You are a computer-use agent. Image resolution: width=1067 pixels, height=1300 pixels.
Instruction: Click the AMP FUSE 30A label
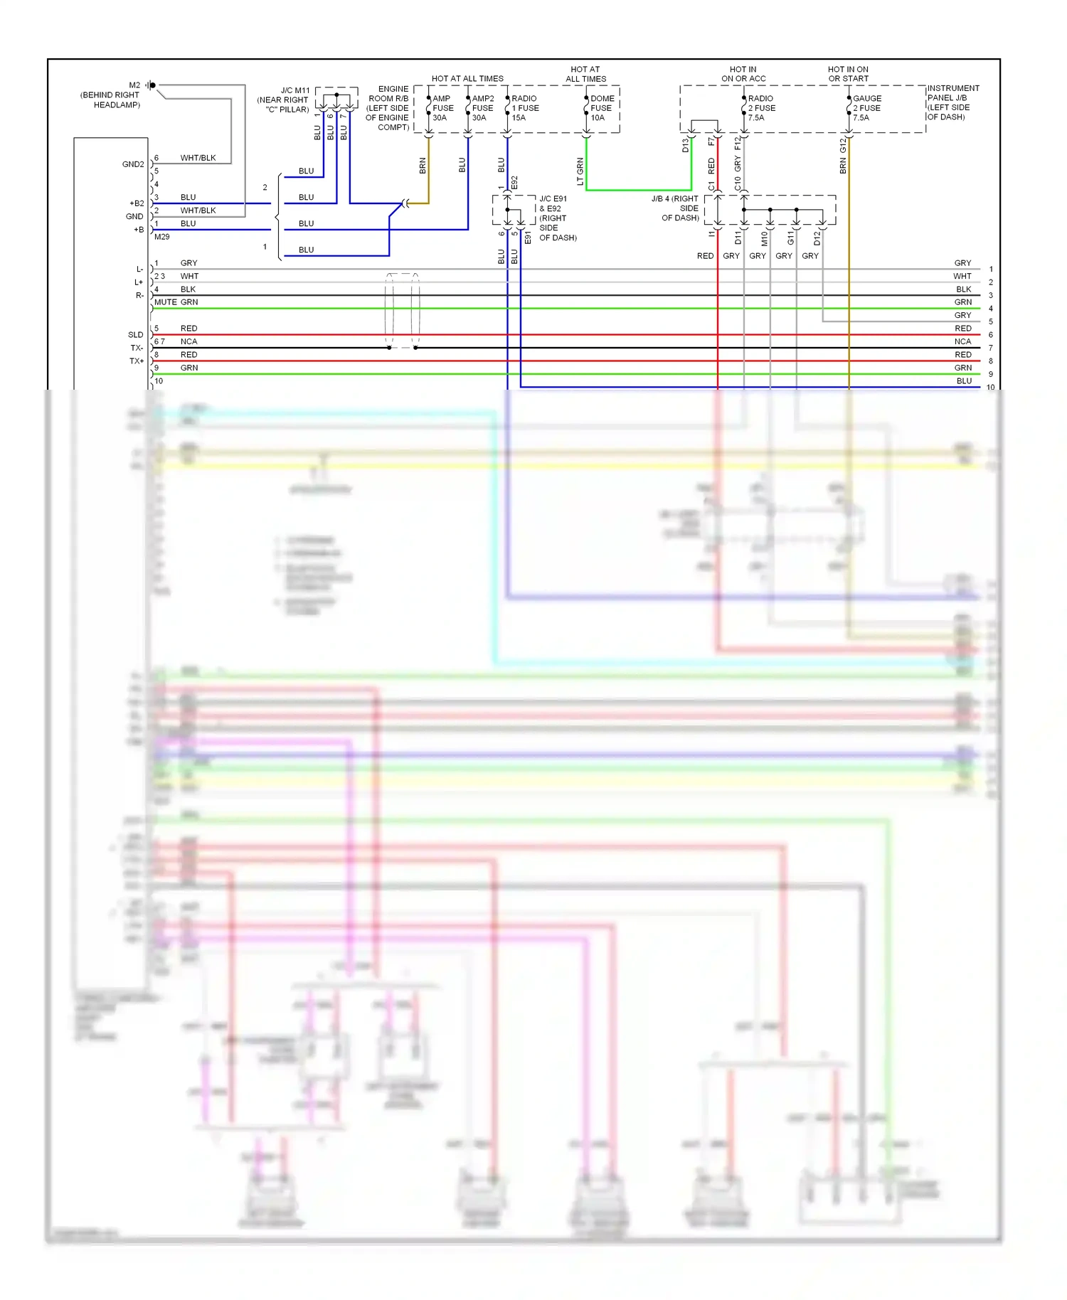point(442,108)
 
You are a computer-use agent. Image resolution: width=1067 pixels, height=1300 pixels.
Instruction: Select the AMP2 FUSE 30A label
point(482,108)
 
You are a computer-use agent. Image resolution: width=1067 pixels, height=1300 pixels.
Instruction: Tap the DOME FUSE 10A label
point(602,108)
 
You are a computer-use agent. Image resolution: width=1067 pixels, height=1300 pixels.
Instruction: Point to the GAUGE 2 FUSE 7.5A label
point(866,108)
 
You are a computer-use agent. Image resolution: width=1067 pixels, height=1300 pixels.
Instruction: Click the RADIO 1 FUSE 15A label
point(524,108)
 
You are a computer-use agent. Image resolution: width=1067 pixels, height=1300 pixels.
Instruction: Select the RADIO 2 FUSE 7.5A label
point(761,108)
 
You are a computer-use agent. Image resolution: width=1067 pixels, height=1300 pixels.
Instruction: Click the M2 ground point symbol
point(152,85)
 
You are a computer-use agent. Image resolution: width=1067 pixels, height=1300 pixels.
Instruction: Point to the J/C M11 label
point(294,90)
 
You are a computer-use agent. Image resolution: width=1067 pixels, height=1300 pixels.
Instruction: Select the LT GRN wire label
point(580,171)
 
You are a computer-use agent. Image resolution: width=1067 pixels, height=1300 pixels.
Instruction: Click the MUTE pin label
point(165,302)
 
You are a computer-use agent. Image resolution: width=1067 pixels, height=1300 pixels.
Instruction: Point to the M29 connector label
point(162,237)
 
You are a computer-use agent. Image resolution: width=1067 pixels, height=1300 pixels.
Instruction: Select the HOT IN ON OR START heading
point(848,74)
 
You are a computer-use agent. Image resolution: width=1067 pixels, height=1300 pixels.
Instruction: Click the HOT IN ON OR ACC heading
point(743,74)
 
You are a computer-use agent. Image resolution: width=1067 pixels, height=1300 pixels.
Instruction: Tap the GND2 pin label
point(133,164)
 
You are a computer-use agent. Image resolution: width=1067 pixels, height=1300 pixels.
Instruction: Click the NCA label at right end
point(962,341)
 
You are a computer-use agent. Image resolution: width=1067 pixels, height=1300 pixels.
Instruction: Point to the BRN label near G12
point(843,166)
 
